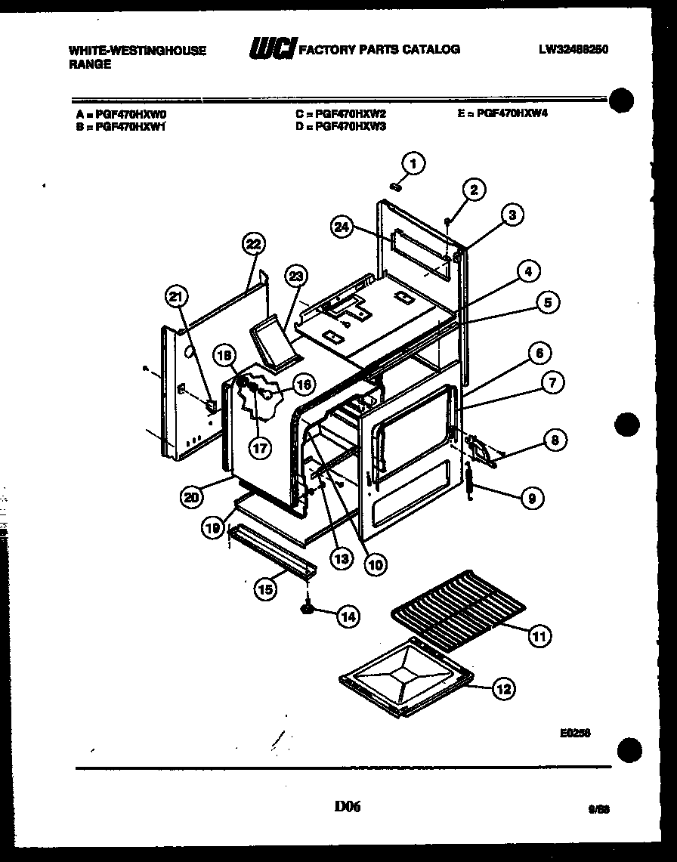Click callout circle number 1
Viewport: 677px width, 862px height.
tap(413, 162)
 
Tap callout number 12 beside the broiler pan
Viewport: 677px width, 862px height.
tap(503, 688)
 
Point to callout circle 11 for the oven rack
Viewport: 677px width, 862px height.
tap(538, 636)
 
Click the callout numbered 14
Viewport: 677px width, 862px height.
tap(347, 616)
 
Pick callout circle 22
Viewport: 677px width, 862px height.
tap(252, 243)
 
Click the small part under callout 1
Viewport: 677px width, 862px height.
tap(394, 186)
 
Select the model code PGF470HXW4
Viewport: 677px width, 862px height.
tap(512, 113)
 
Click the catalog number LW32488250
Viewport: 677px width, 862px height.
tap(573, 50)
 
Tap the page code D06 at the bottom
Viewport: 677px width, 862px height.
tap(348, 807)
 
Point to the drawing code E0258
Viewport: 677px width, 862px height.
tap(576, 732)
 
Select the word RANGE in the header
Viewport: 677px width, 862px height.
tap(90, 64)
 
